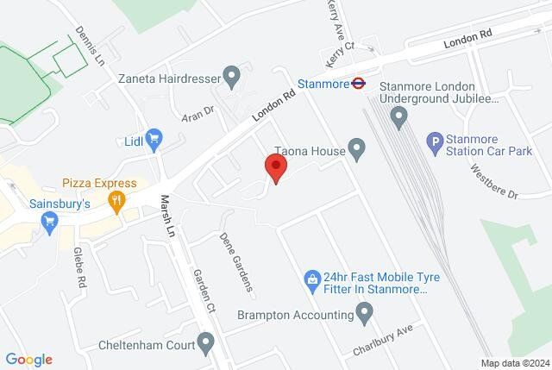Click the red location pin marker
(x=276, y=168)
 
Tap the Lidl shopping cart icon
(x=155, y=138)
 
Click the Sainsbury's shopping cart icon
(x=49, y=224)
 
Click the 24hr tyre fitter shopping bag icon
(x=311, y=279)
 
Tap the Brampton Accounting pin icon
(x=366, y=314)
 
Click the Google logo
(x=28, y=360)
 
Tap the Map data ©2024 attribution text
(x=514, y=362)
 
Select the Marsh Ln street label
(x=167, y=216)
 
